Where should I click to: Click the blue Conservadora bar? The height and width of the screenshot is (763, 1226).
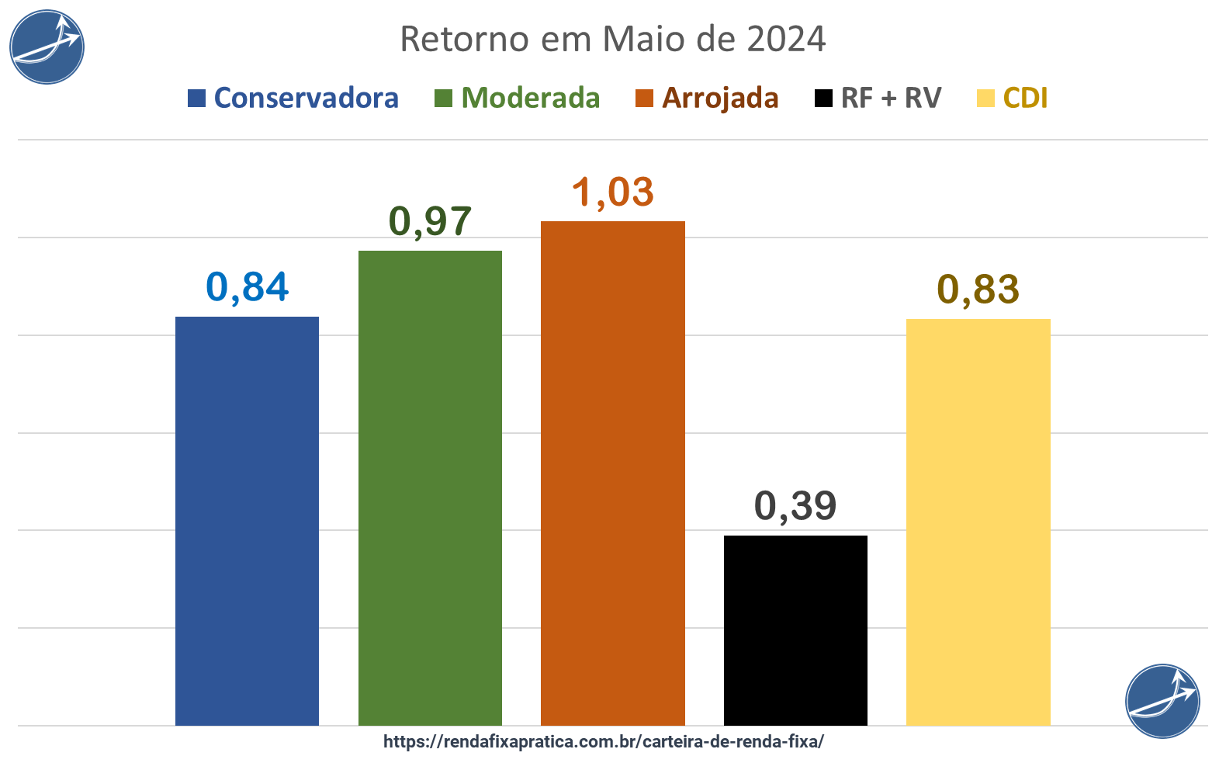click(247, 520)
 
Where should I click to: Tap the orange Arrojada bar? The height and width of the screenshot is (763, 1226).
click(613, 473)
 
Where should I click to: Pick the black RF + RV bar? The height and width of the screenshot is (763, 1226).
click(795, 630)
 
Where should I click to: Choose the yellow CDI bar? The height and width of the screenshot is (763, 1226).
click(978, 522)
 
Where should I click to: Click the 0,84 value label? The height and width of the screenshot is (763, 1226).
click(248, 287)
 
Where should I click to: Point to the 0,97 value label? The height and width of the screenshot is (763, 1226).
click(430, 221)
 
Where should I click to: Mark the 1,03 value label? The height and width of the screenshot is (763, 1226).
click(613, 192)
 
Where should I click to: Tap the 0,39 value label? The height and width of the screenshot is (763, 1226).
click(795, 506)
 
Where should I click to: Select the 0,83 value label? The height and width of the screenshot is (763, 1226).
click(978, 290)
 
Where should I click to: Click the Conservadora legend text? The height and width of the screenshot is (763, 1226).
click(306, 99)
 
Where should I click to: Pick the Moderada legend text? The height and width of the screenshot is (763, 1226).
click(531, 99)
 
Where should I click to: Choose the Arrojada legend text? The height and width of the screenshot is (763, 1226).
click(720, 99)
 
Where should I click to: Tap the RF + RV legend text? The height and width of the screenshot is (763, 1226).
click(891, 99)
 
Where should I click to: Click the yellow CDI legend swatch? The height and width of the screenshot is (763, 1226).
click(985, 99)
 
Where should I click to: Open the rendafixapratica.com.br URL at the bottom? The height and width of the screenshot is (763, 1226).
click(604, 741)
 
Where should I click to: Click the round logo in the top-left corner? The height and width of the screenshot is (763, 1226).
click(47, 47)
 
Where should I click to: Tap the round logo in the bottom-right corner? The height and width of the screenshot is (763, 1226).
click(1162, 701)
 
